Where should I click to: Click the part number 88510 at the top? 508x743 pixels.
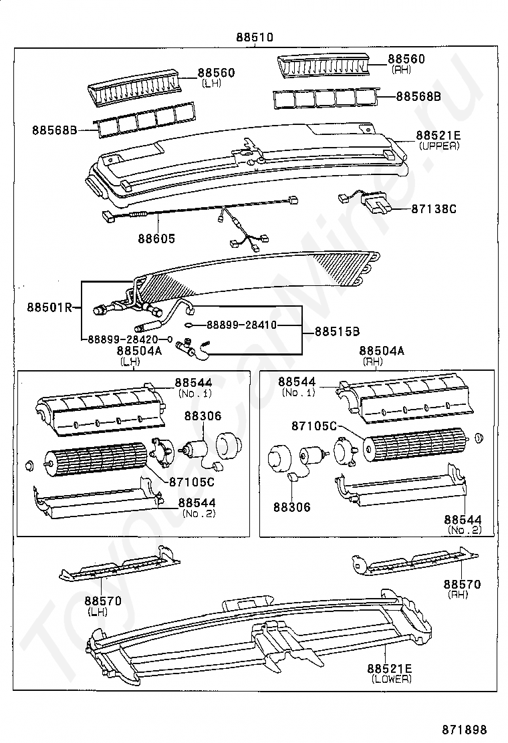[x=254, y=37]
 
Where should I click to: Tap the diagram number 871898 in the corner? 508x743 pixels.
[x=464, y=729]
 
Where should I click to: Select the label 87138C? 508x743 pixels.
[x=434, y=209]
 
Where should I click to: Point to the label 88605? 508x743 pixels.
[x=157, y=238]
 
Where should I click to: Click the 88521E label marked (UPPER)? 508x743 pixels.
[x=438, y=135]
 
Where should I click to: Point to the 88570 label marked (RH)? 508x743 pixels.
[x=465, y=584]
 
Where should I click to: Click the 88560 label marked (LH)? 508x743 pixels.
[x=216, y=72]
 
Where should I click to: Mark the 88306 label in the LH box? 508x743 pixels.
[x=203, y=416]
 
